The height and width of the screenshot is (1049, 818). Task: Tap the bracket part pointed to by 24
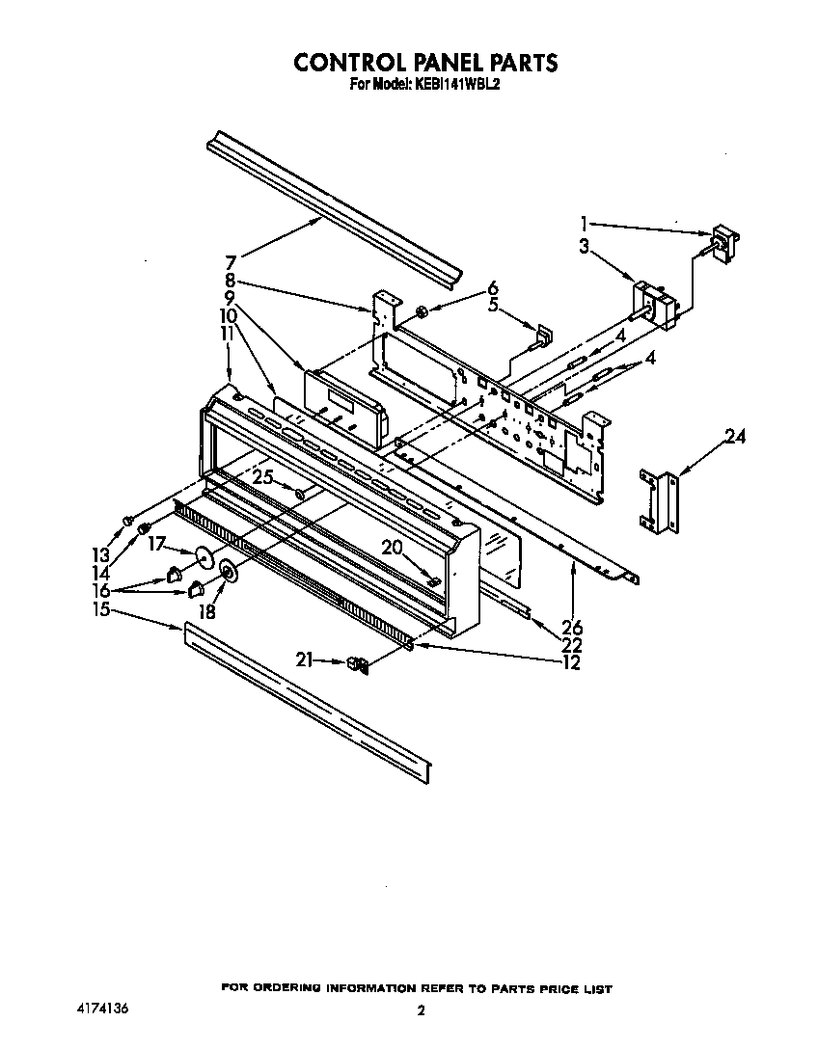(661, 500)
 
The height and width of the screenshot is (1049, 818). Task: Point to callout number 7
(231, 261)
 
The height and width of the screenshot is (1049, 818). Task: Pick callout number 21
(306, 660)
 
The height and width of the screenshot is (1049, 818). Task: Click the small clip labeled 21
(357, 664)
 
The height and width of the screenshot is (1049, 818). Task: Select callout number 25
(262, 475)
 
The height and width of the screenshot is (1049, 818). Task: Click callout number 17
(157, 543)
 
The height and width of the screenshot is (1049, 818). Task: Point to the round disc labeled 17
(204, 558)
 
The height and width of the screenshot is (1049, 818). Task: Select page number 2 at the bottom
(421, 1011)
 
